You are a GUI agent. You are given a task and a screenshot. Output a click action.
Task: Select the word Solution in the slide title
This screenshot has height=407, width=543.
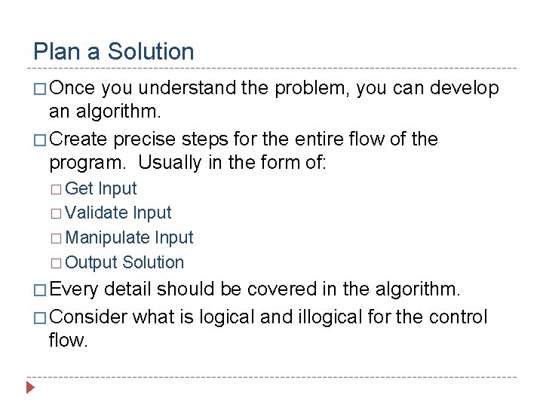[x=151, y=52]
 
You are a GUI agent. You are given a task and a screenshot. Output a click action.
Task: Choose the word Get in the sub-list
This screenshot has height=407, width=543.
[x=80, y=188]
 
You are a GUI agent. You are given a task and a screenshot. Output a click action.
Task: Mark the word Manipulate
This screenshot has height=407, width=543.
[x=108, y=238]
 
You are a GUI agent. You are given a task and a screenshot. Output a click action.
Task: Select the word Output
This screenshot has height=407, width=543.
[x=91, y=263]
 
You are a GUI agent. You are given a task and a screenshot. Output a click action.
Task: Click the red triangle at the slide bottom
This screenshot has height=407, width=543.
[x=30, y=389]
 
